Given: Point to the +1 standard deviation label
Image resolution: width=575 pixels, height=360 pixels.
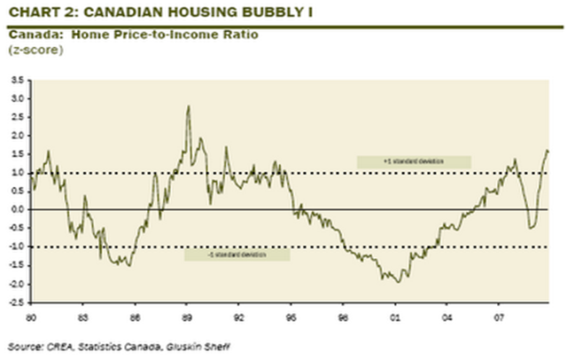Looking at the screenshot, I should point(413,161).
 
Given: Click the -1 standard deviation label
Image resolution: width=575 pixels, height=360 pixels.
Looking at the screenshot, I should point(237,255).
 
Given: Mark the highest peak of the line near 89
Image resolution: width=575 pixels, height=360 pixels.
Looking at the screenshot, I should point(188,106).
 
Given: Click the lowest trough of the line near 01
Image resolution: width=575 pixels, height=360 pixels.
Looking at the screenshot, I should point(397,281).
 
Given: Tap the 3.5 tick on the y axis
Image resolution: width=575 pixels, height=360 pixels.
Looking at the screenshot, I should point(17,79).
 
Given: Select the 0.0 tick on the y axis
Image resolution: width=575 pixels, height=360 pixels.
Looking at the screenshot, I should point(17,209).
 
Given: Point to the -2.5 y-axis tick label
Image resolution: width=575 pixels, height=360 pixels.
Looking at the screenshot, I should point(15,302).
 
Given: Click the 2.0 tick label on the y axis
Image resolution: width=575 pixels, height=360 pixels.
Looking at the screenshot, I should point(17,135).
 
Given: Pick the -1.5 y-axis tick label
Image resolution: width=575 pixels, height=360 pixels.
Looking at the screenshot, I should point(15,265).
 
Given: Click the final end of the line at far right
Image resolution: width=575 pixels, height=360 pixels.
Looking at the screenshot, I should point(548,152).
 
